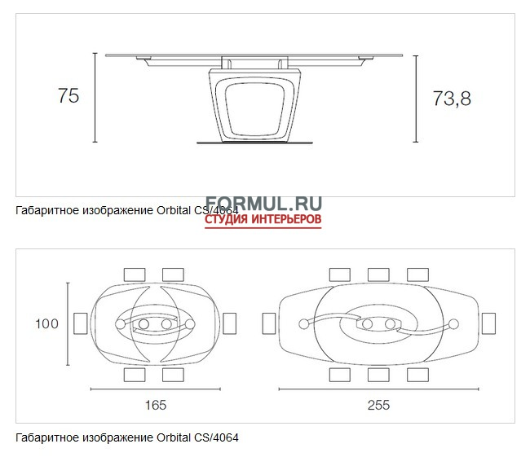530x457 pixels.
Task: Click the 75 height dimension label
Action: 68,95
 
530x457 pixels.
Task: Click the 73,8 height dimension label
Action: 452,99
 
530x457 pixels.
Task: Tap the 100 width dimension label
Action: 47,323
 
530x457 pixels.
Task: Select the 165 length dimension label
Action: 156,405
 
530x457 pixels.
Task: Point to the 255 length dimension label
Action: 378,405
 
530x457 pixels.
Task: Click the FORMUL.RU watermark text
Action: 263,203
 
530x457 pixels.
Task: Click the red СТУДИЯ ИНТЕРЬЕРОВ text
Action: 263,219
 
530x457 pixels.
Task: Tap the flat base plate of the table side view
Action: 254,143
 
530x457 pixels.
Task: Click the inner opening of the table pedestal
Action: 254,108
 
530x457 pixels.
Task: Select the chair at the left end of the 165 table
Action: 81,323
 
